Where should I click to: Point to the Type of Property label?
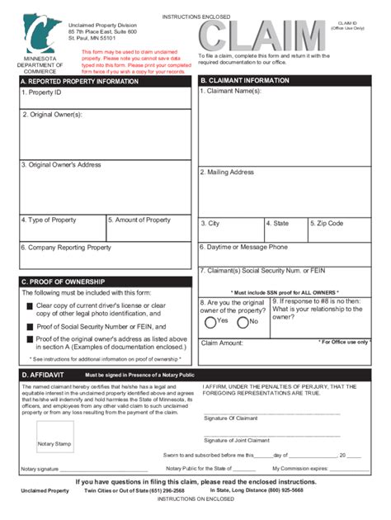tap(49, 220)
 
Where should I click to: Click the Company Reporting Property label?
tap(66, 248)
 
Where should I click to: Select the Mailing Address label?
tap(227, 173)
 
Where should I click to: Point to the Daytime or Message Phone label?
tap(244, 247)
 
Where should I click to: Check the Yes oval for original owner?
tap(211, 322)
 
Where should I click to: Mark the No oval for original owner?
tap(243, 322)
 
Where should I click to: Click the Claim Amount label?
tap(222, 343)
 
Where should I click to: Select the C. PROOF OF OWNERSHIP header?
tap(61, 281)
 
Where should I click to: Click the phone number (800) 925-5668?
tap(280, 490)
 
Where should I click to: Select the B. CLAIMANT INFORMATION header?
tap(245, 81)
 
